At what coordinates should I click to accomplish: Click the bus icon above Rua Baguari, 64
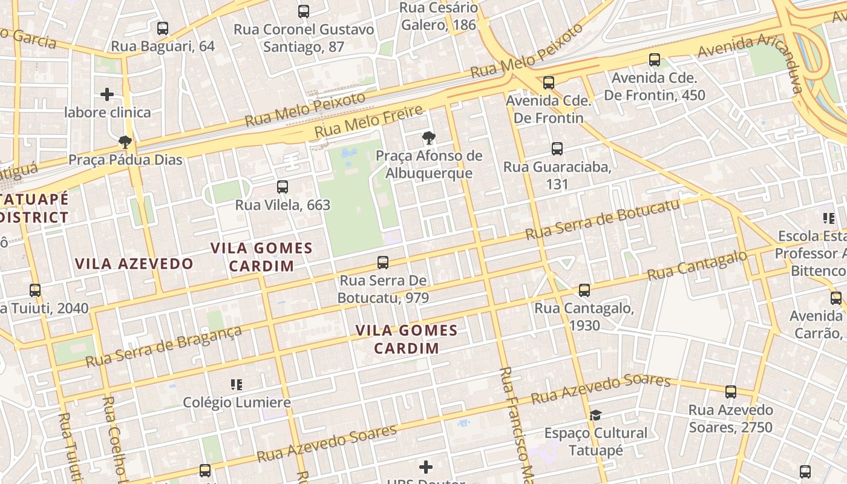click(x=162, y=28)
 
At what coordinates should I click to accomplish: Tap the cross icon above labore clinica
click(x=107, y=94)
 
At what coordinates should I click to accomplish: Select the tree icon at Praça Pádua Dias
click(x=125, y=142)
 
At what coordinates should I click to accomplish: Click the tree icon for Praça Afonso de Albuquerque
click(x=429, y=138)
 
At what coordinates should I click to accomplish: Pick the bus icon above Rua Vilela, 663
click(x=283, y=187)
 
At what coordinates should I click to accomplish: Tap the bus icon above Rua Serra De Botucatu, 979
click(x=383, y=263)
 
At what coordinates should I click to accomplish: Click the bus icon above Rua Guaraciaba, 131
click(x=557, y=148)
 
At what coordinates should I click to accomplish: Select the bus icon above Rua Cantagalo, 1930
click(x=584, y=290)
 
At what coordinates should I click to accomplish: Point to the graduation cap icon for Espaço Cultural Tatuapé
click(x=595, y=415)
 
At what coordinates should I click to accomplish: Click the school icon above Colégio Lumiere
click(x=237, y=384)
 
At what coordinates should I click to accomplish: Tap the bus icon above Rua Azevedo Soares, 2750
click(x=730, y=392)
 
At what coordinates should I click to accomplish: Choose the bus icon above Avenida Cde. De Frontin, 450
click(x=655, y=60)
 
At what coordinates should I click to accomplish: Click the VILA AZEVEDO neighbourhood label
click(x=134, y=264)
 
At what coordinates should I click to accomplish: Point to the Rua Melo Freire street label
click(x=368, y=121)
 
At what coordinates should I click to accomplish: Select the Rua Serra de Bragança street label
click(x=164, y=347)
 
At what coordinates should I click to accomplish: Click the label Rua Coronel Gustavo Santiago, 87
click(x=304, y=38)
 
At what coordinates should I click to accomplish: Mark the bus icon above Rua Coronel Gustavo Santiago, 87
click(x=304, y=11)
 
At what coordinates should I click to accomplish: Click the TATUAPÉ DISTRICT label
click(x=35, y=208)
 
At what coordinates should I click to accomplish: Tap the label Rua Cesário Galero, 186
click(x=439, y=16)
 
